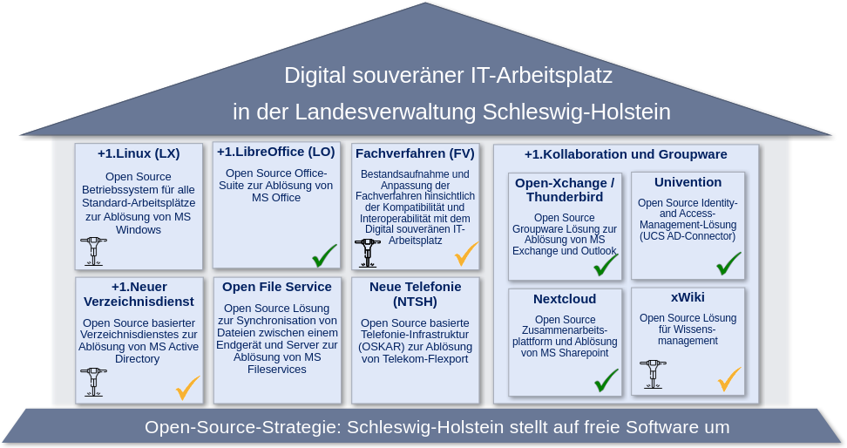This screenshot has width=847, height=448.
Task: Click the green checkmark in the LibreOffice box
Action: [324, 255]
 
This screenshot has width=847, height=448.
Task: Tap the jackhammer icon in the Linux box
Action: [93, 251]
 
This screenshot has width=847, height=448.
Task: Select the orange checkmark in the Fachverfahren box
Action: [466, 254]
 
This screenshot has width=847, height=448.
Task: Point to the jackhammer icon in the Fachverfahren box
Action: [368, 253]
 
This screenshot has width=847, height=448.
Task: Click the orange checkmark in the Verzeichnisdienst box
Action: [188, 388]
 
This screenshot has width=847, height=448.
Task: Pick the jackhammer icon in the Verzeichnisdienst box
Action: [93, 382]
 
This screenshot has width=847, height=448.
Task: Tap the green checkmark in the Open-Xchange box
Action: [606, 265]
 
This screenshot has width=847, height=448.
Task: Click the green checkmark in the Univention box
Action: [728, 264]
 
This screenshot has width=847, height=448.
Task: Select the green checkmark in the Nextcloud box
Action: [606, 380]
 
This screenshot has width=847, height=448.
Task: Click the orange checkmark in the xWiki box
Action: [729, 379]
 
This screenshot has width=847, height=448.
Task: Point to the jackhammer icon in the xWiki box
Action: [653, 374]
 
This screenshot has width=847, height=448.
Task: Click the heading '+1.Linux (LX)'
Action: [139, 153]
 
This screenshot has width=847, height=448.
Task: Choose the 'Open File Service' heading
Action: [277, 287]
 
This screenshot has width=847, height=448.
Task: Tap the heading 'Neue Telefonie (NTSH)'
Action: [416, 294]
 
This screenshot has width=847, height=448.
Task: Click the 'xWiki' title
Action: [688, 297]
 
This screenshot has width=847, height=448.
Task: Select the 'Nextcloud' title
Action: [565, 299]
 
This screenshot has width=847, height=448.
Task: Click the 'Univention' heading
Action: [688, 182]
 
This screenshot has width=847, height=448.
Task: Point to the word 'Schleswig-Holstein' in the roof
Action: [576, 112]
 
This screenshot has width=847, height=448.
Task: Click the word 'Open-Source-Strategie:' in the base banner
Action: [243, 427]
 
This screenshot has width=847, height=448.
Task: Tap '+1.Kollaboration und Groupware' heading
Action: [626, 154]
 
